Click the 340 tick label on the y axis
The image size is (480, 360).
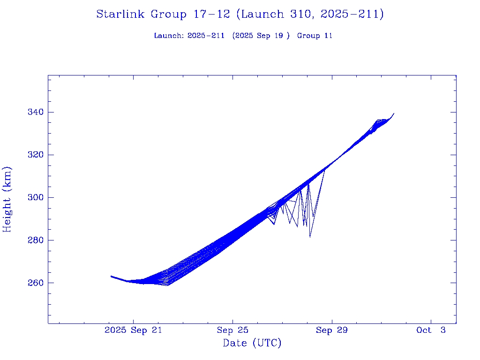(x=35, y=112)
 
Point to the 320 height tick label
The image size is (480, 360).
(x=35, y=155)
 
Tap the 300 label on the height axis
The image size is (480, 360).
(x=35, y=197)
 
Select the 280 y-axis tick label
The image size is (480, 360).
(x=35, y=240)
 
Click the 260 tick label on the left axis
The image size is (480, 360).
(x=35, y=283)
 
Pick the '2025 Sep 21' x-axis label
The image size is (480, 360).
(x=133, y=330)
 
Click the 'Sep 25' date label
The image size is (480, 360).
(x=232, y=330)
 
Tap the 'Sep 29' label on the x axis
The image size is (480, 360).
(x=332, y=330)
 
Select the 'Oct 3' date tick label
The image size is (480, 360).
(x=431, y=330)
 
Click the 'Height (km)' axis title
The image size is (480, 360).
(x=7, y=199)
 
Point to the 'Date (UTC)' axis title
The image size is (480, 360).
(x=252, y=344)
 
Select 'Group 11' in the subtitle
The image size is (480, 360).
(x=315, y=36)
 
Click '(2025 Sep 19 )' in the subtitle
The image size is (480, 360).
(x=264, y=36)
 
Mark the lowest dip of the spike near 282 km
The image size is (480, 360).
(x=310, y=237)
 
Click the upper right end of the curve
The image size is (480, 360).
(x=394, y=113)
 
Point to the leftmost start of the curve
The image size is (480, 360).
(x=111, y=276)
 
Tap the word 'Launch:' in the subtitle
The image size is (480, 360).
(x=169, y=36)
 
